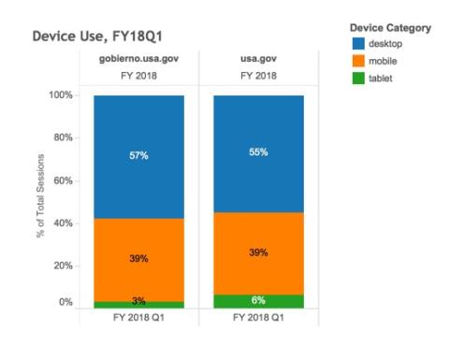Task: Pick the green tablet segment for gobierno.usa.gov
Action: [138, 305]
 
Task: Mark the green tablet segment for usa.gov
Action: [258, 301]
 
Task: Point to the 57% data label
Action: [138, 156]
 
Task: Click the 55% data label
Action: [259, 151]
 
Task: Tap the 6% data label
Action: [259, 301]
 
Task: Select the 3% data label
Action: [138, 300]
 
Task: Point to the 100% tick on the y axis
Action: [61, 95]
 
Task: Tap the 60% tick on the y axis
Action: [64, 180]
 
